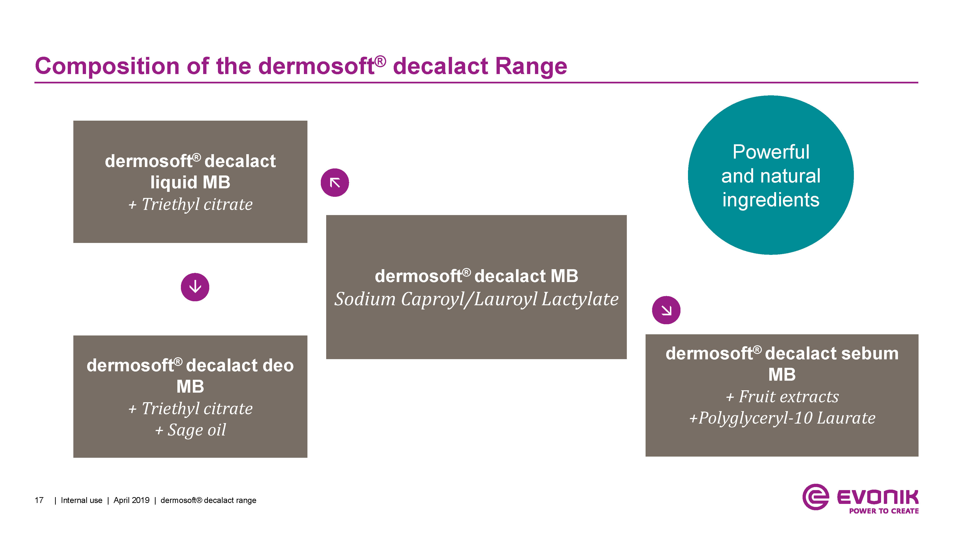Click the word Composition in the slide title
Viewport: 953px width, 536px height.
pos(107,67)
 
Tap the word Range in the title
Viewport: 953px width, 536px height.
pos(531,67)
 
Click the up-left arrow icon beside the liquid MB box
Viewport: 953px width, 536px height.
pos(335,183)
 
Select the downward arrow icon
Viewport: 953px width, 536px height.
pos(195,287)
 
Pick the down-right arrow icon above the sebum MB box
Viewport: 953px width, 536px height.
pos(666,310)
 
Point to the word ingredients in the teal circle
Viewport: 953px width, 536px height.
pos(771,200)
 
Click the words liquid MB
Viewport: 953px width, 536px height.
pos(190,182)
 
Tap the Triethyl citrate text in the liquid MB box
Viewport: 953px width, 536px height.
pos(197,204)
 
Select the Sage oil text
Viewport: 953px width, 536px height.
pos(196,430)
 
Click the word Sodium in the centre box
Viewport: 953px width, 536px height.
pos(365,299)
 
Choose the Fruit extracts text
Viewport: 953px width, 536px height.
pos(789,397)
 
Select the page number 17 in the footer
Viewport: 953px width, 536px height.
pos(39,500)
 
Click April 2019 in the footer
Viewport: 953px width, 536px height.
pos(131,500)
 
